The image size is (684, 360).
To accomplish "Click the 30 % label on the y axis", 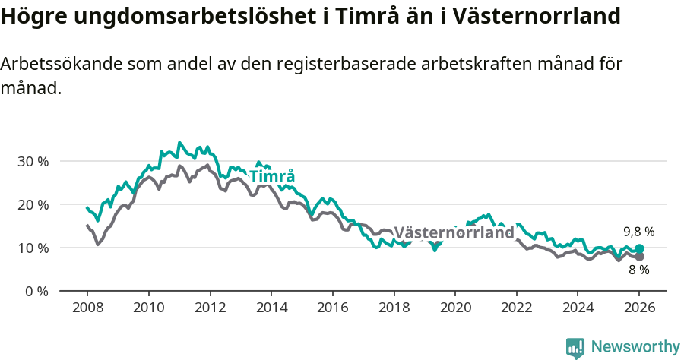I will tap(33, 162).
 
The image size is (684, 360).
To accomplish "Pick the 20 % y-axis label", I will tap(33, 205).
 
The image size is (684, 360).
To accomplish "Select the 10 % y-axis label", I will tap(33, 248).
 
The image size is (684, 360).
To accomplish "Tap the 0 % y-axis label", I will tap(36, 292).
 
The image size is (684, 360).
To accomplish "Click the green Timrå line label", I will tap(272, 177).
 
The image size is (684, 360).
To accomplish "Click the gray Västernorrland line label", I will tap(454, 233).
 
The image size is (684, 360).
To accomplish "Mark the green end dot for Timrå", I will tap(639, 249).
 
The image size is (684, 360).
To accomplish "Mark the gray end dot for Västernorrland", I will tap(639, 257).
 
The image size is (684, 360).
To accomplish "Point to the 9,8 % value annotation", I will tap(638, 232).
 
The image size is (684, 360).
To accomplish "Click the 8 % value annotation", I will tap(638, 270).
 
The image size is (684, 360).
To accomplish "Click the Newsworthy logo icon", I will tap(575, 347).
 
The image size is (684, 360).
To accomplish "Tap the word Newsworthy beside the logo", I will tap(635, 347).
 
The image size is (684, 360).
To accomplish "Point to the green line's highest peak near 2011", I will tap(179, 143).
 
